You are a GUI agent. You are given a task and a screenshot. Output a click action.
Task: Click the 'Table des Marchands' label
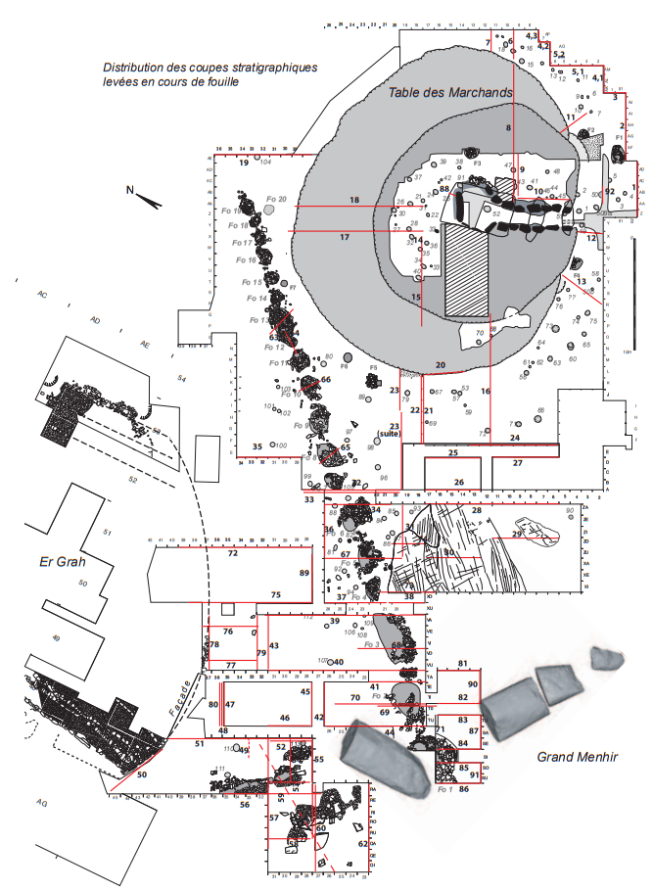[x=450, y=92]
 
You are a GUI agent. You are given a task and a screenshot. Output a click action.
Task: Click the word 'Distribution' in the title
[x=134, y=68]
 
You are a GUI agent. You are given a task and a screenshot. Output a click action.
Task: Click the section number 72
[x=233, y=553]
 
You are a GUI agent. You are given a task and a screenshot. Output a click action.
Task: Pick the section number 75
[x=276, y=594]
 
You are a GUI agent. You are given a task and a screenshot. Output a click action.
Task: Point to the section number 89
[x=304, y=573]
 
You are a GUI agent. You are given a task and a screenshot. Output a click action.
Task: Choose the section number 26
[x=458, y=483]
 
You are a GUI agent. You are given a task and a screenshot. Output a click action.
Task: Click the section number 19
[x=244, y=163]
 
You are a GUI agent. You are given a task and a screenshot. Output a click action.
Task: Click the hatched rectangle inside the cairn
[x=466, y=268]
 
